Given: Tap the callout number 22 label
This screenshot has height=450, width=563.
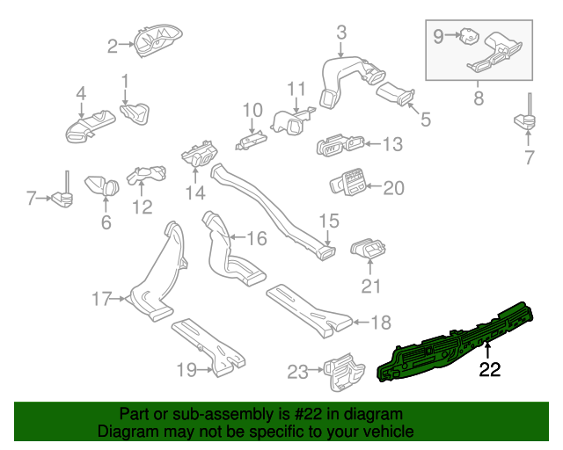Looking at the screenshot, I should tap(489, 370).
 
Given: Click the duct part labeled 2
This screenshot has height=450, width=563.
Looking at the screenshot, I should tap(156, 40).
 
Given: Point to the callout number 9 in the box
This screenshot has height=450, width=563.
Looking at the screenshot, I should tap(439, 36).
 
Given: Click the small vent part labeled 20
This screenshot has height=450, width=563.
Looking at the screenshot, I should tap(348, 183).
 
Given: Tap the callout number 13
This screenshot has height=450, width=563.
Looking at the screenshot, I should tap(391, 143).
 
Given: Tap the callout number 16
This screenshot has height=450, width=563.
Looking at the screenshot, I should tap(256, 238).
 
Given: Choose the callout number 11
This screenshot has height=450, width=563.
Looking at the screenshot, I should tap(296, 89).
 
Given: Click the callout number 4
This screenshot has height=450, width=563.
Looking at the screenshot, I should tap(80, 92).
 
